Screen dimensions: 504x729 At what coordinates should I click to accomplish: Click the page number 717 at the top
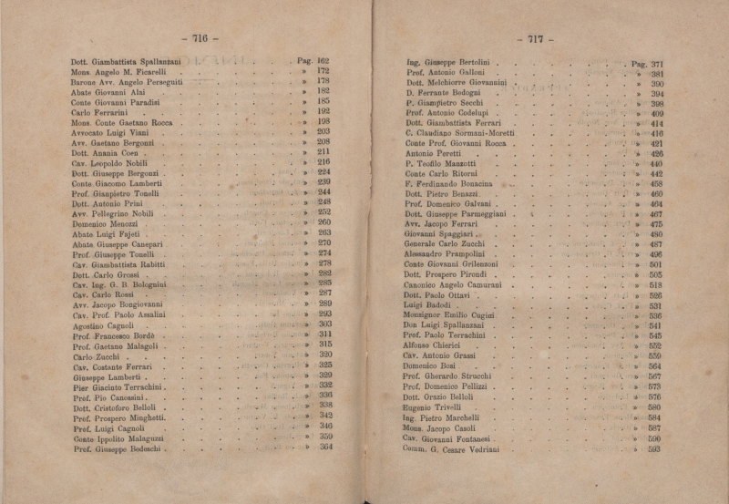pyautogui.click(x=535, y=39)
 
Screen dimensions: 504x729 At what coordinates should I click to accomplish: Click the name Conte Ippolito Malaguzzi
pyautogui.click(x=118, y=438)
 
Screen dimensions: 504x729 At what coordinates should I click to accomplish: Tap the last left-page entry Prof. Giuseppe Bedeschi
pyautogui.click(x=118, y=448)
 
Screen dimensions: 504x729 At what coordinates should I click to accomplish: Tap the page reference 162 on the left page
pyautogui.click(x=322, y=61)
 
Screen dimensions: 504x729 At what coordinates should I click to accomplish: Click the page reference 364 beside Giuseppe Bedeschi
pyautogui.click(x=325, y=447)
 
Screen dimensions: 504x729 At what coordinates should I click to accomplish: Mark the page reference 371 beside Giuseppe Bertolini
pyautogui.click(x=656, y=65)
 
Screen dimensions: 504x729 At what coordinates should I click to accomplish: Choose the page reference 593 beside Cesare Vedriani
pyautogui.click(x=655, y=449)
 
